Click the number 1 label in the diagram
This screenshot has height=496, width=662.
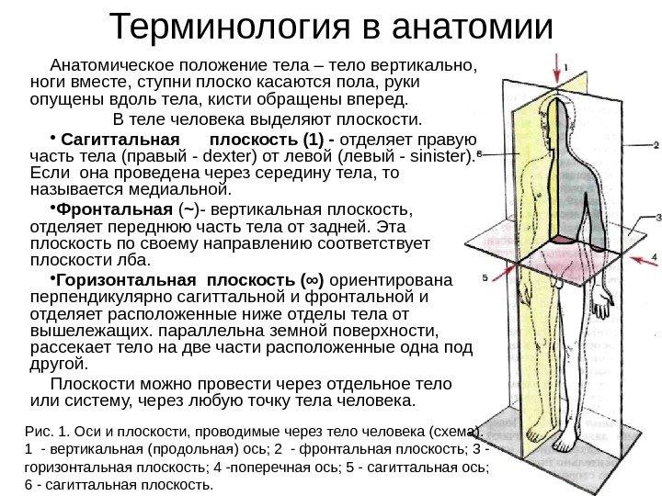pyautogui.click(x=567, y=66)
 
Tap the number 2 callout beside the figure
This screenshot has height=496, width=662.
pyautogui.click(x=656, y=144)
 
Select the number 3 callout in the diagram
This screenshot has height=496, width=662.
pyautogui.click(x=656, y=218)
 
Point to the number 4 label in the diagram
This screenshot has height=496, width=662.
pyautogui.click(x=655, y=257)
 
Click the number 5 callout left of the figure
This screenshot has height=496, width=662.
pyautogui.click(x=485, y=276)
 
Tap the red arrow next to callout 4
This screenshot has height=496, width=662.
pyautogui.click(x=635, y=258)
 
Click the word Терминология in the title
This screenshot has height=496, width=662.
pyautogui.click(x=226, y=28)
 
